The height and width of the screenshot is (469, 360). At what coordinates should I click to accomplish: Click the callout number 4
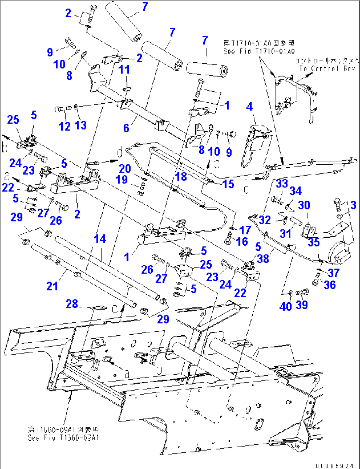249,107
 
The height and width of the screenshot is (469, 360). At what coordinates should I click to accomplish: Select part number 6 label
126,128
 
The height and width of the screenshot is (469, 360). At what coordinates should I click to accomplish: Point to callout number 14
100,239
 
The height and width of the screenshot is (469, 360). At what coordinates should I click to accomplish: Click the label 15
228,184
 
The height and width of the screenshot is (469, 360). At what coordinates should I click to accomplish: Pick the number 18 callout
181,177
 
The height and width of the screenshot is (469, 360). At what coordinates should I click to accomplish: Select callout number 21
52,286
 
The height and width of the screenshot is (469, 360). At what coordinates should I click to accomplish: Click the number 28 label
72,304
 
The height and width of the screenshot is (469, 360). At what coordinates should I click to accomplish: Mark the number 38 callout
263,258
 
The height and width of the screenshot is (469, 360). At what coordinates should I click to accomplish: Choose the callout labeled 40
285,306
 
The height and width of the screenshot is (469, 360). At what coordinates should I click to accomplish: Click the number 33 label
282,184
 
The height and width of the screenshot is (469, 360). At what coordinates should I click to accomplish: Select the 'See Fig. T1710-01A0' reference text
259,51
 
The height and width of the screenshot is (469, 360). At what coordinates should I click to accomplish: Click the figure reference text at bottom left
63,434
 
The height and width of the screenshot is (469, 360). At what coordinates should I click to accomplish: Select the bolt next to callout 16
228,239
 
